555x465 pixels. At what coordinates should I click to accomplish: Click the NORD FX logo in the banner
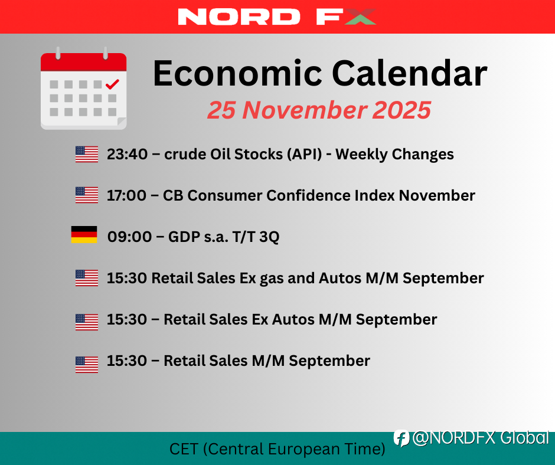(277, 17)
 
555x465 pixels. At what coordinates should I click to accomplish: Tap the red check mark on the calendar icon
(112, 84)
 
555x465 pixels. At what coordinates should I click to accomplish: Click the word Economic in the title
(237, 73)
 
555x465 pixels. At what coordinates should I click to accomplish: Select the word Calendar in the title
(410, 73)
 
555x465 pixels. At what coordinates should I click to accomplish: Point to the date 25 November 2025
(319, 110)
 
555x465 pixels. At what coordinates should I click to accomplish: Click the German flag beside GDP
(84, 235)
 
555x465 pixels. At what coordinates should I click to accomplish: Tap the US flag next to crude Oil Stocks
(87, 154)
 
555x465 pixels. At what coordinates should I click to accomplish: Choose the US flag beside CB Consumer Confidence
(87, 195)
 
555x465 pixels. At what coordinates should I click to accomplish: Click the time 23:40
(128, 154)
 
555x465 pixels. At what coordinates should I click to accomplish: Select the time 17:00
(127, 195)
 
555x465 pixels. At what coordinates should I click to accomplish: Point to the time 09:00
(129, 237)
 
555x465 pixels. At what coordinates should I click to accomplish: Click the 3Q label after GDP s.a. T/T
(269, 237)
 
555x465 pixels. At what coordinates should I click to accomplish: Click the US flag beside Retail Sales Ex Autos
(87, 322)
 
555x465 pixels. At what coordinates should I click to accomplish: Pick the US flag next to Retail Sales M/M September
(87, 364)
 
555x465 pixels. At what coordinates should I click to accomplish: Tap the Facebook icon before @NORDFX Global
(401, 438)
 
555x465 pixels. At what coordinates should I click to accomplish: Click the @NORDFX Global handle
(481, 438)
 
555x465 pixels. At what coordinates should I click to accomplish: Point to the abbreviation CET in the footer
(184, 449)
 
